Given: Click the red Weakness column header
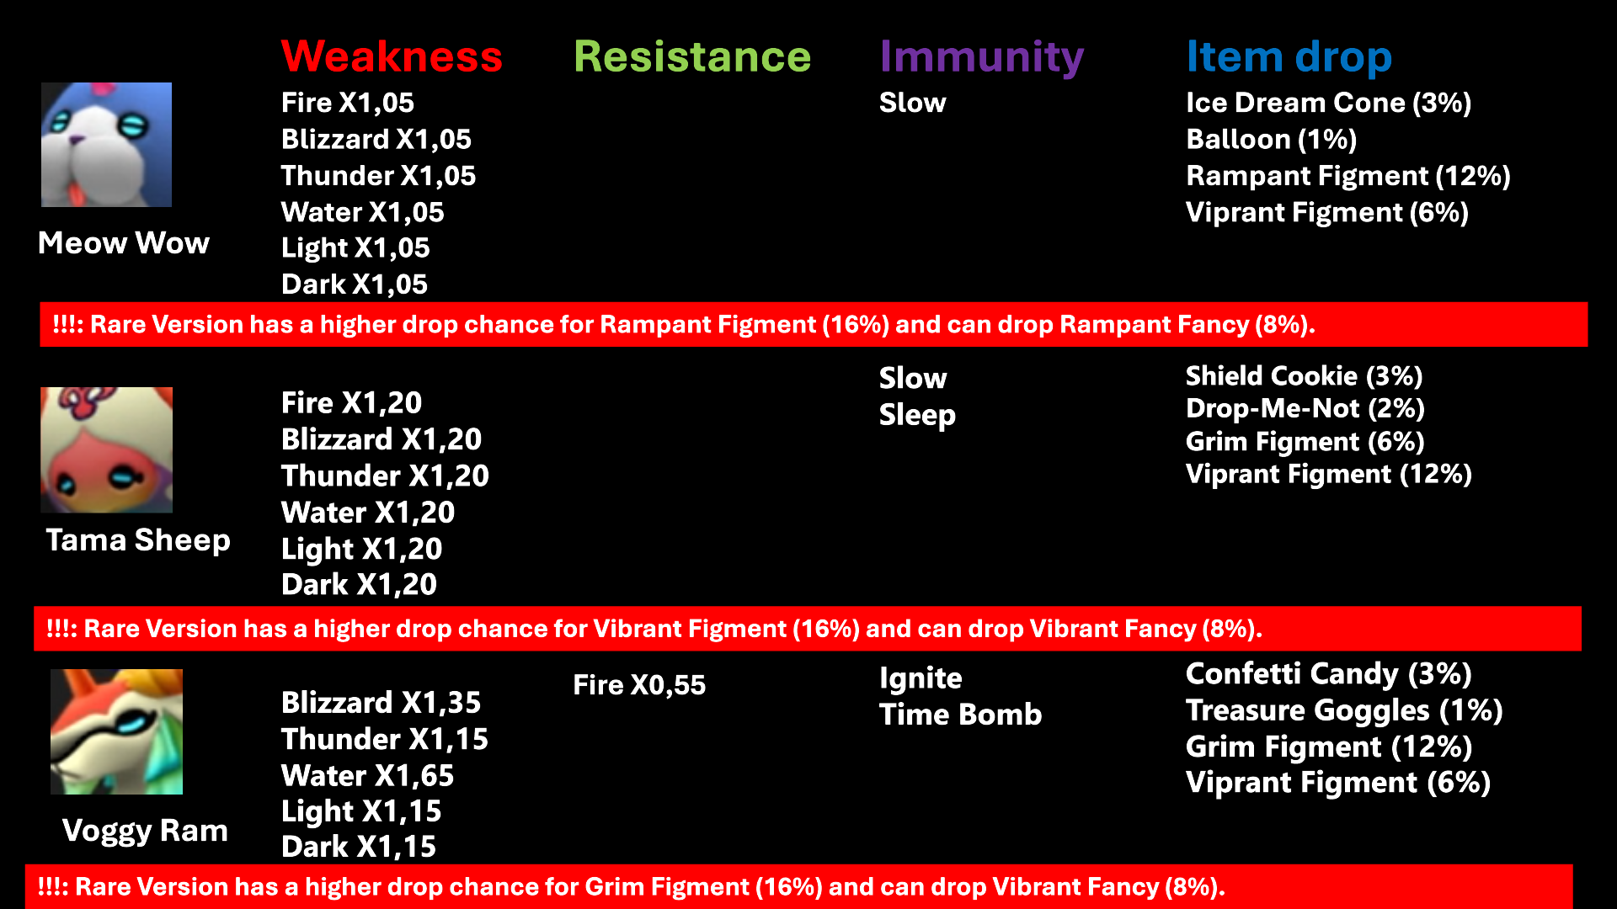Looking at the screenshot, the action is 392,56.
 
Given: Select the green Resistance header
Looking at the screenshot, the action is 692,56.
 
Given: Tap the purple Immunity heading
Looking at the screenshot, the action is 981,58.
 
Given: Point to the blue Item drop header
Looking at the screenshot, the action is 1289,58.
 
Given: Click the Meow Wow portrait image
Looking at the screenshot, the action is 106,145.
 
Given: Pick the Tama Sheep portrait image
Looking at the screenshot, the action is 106,450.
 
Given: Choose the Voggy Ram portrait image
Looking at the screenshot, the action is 116,731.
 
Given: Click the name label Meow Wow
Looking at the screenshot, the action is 124,243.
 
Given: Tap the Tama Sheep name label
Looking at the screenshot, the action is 138,540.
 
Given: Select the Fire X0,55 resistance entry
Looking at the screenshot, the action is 639,685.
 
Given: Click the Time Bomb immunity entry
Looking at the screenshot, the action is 960,715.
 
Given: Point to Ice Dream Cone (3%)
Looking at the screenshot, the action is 1328,103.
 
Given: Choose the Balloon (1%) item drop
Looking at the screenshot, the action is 1271,140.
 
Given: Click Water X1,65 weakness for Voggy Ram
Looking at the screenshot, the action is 367,776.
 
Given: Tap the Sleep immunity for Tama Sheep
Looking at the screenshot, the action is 917,416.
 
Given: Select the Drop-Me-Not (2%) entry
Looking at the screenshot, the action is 1305,409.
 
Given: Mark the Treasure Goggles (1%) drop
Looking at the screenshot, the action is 1344,711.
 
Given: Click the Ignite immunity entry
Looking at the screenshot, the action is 921,679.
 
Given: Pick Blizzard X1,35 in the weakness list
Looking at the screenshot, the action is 381,703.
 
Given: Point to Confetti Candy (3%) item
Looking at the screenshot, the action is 1328,674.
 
